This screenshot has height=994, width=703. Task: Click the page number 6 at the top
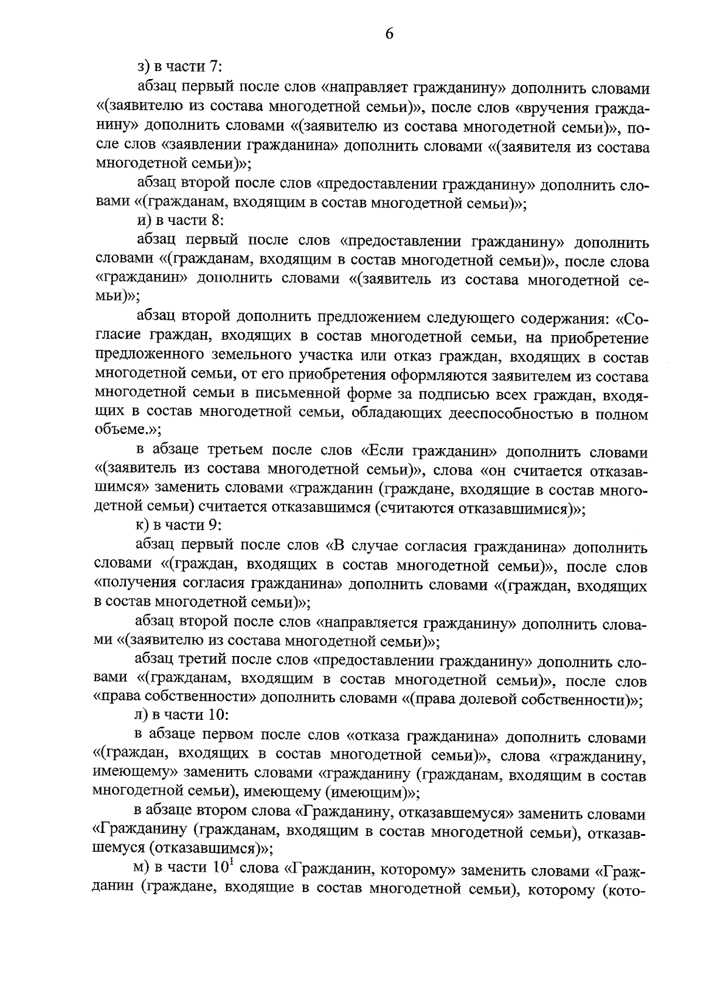pos(390,35)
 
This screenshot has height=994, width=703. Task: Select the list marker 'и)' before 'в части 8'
pos(142,220)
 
